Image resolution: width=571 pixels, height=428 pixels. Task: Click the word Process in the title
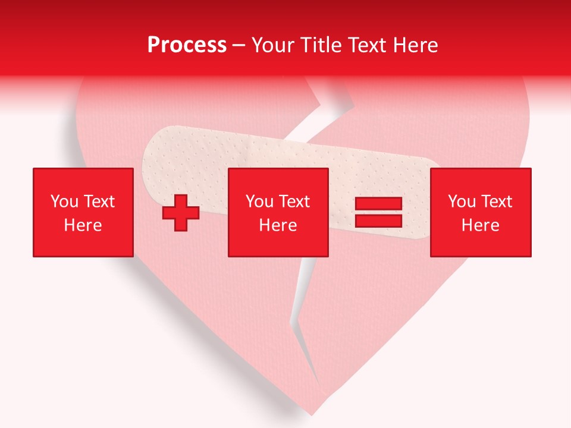click(x=187, y=45)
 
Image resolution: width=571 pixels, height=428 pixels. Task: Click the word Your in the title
click(x=272, y=45)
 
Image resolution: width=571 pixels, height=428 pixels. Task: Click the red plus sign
click(x=181, y=213)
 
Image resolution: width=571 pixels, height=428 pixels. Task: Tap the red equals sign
click(x=378, y=213)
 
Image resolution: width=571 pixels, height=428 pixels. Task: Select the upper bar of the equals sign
click(x=378, y=204)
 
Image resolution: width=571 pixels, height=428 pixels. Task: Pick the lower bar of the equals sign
click(x=378, y=221)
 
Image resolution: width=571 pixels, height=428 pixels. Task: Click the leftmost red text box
click(x=83, y=212)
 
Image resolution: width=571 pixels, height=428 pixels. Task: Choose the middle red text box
click(x=278, y=212)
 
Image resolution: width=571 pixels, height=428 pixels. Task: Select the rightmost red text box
click(x=480, y=212)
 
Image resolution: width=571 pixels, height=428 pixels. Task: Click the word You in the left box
click(x=64, y=202)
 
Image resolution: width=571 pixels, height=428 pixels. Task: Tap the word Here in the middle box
click(x=278, y=225)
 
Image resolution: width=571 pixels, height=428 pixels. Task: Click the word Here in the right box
click(x=480, y=225)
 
